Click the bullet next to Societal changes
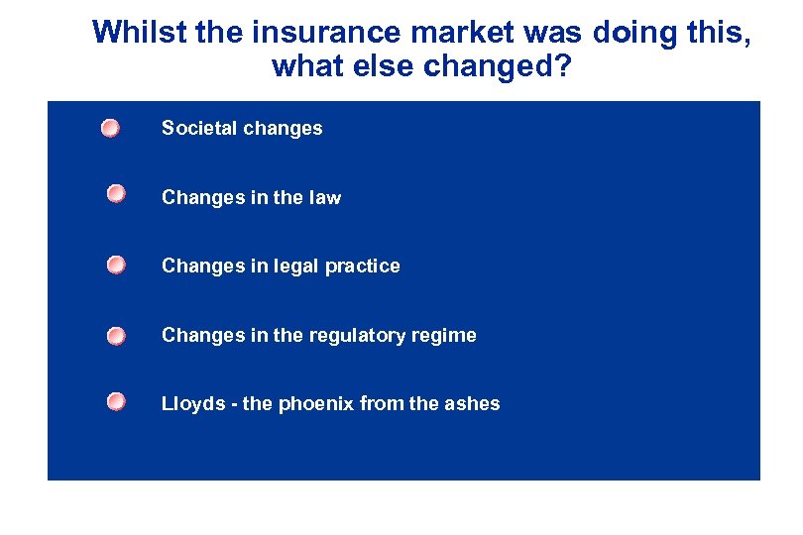110,128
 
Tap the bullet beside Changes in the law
117,194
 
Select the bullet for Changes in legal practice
117,265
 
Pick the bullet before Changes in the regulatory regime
117,335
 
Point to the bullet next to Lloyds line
117,401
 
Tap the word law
324,197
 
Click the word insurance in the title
322,33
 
